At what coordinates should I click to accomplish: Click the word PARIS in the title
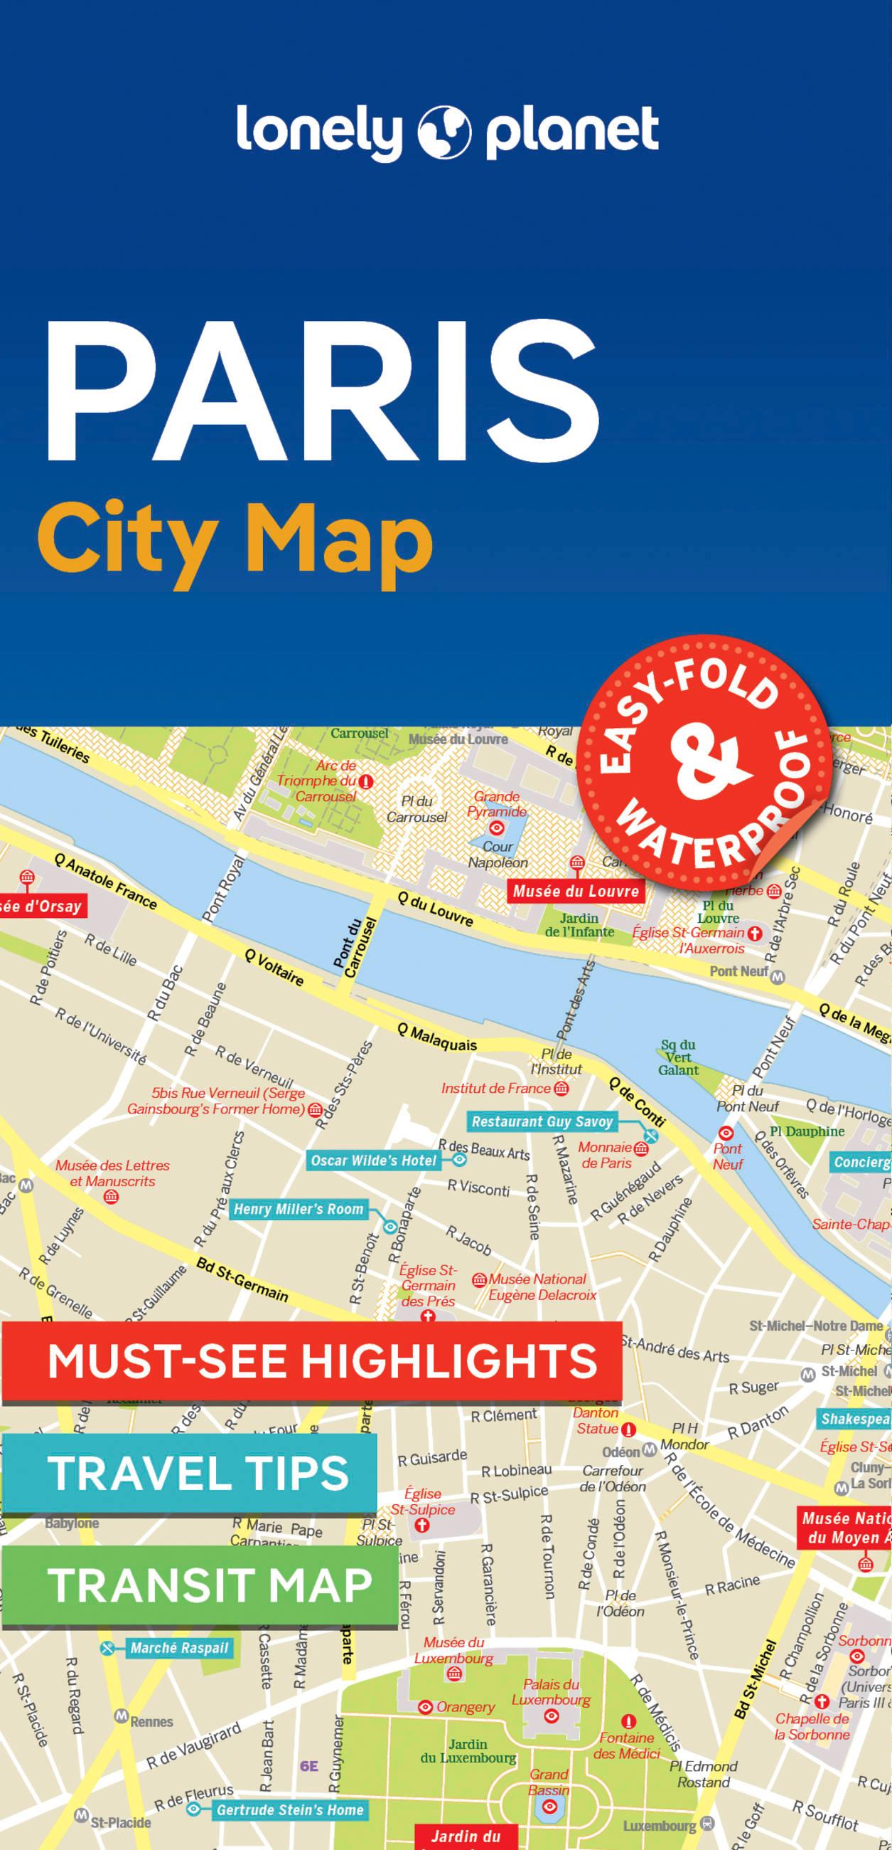pyautogui.click(x=321, y=393)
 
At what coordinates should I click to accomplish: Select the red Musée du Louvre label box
pyautogui.click(x=576, y=892)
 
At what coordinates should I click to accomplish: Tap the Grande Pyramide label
pyautogui.click(x=497, y=803)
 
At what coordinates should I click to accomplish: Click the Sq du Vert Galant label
pyautogui.click(x=678, y=1057)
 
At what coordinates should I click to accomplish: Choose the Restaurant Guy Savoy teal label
pyautogui.click(x=542, y=1121)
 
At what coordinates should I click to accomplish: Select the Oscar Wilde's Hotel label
pyautogui.click(x=373, y=1160)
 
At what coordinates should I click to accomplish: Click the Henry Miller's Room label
pyautogui.click(x=299, y=1209)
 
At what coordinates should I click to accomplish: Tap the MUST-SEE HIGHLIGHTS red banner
pyautogui.click(x=321, y=1360)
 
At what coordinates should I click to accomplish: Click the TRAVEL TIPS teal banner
pyautogui.click(x=198, y=1472)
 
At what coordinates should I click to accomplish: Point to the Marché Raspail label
pyautogui.click(x=178, y=1648)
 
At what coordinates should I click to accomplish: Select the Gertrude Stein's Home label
pyautogui.click(x=290, y=1810)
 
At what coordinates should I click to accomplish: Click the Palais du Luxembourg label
pyautogui.click(x=551, y=1692)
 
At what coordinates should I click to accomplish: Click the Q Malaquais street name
pyautogui.click(x=437, y=1037)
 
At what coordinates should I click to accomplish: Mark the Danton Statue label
pyautogui.click(x=596, y=1420)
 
